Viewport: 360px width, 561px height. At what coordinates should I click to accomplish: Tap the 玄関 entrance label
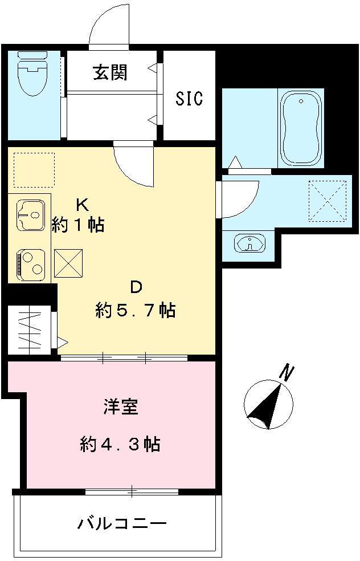coord(110,72)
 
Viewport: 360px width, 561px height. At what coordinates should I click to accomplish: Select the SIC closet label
coord(189,99)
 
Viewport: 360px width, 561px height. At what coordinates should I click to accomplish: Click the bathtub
coord(301,128)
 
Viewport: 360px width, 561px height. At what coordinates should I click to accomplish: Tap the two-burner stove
coord(30,264)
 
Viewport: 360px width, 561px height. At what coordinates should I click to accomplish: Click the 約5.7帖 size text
coord(135,311)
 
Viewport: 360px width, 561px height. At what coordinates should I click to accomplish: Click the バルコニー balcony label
coord(122,523)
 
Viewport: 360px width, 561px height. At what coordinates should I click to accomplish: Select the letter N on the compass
coord(287,373)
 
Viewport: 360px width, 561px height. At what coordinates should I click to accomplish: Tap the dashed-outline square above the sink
coord(34,170)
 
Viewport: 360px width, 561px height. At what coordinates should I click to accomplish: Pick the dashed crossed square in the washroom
coord(328,200)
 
